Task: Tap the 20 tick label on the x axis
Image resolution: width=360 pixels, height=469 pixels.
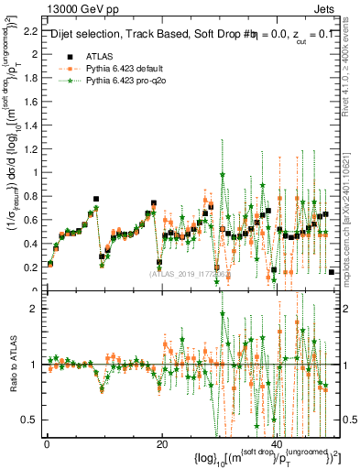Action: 162,444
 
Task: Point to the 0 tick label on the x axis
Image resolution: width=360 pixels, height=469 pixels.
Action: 47,444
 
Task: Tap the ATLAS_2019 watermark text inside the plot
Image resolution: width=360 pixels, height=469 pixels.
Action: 188,273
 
